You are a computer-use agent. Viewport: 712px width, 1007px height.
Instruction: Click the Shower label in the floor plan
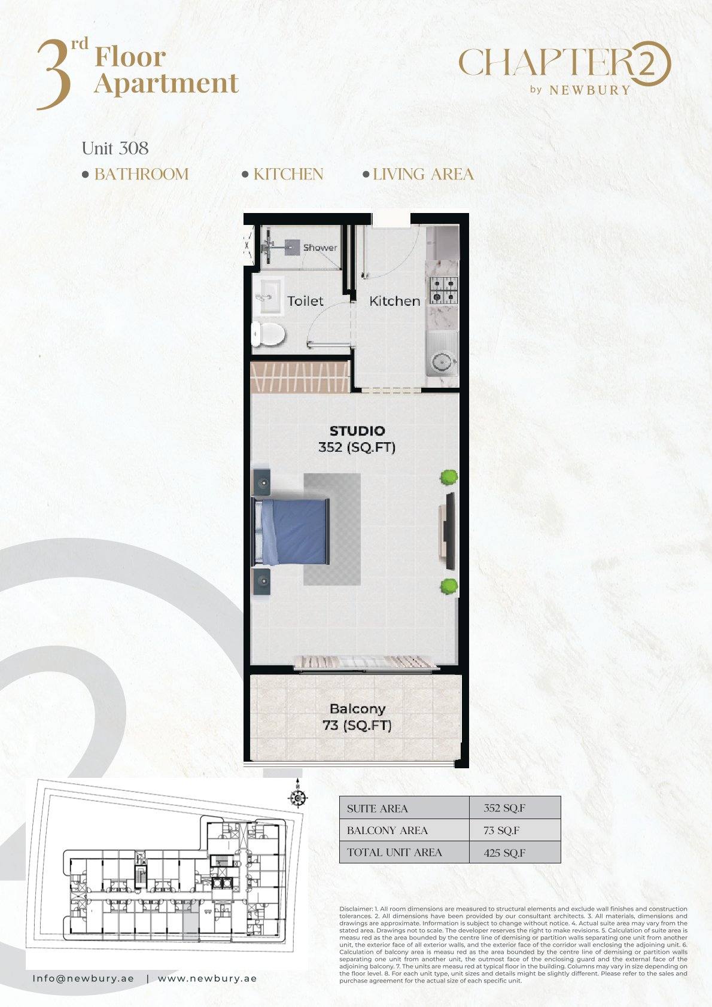click(320, 247)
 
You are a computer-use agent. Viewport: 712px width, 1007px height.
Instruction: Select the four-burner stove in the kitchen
click(444, 290)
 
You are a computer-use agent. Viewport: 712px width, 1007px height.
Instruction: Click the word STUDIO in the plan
click(357, 431)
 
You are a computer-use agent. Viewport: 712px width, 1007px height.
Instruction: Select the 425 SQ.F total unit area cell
click(504, 853)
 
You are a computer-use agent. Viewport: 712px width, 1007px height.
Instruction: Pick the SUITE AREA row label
click(377, 809)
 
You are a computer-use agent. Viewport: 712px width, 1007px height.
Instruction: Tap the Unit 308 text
click(115, 148)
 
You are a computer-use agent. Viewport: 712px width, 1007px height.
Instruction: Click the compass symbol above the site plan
click(297, 798)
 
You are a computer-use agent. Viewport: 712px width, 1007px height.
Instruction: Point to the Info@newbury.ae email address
click(83, 978)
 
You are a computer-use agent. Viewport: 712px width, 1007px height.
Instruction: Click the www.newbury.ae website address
click(207, 978)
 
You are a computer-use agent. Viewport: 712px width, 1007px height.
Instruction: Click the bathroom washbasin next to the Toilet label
click(269, 296)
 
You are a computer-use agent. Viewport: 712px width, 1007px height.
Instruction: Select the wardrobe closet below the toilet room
click(300, 376)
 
